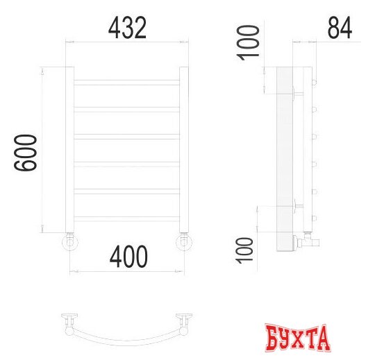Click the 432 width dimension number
[x=127, y=28]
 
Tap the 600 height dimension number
[x=26, y=153]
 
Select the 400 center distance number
[x=128, y=257]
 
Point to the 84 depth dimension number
[x=340, y=28]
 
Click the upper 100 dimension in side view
[x=248, y=43]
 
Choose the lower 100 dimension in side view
[x=244, y=250]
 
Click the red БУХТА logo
[x=298, y=337]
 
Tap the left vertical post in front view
[x=69, y=150]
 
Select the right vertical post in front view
[x=184, y=150]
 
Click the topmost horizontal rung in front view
[x=127, y=83]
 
